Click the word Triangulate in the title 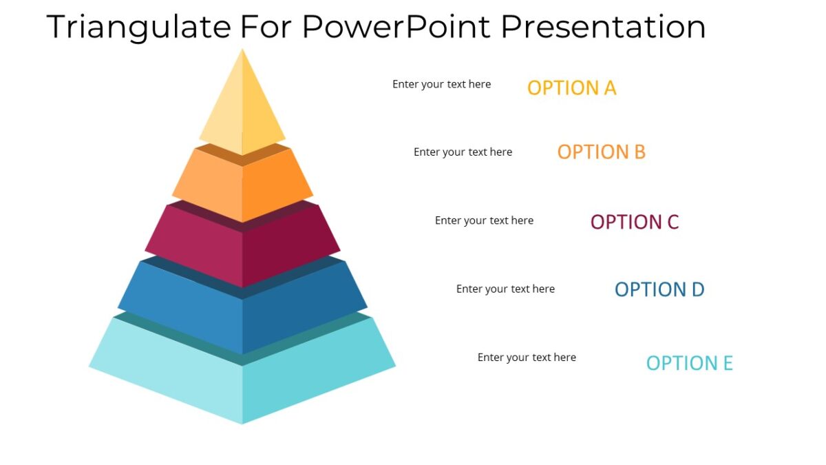click(138, 28)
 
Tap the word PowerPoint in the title click(396, 28)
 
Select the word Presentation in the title click(602, 28)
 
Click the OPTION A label click(571, 88)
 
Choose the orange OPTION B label click(601, 152)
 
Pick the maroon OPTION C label click(634, 223)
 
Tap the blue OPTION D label click(659, 290)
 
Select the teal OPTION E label click(689, 363)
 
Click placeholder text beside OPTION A click(441, 84)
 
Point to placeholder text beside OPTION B click(463, 152)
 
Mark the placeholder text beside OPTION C click(484, 220)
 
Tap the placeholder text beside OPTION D click(505, 289)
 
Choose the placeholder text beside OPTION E click(527, 357)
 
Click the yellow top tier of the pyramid click(242, 110)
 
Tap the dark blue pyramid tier click(242, 313)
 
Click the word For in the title click(266, 28)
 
